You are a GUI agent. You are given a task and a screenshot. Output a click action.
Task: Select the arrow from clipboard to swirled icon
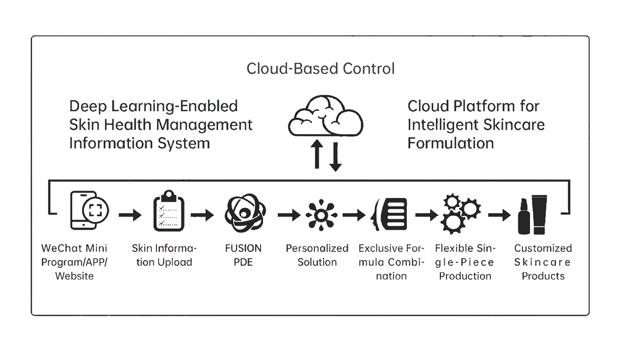point(205,215)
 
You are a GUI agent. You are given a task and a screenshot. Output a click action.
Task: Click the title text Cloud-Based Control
point(320,68)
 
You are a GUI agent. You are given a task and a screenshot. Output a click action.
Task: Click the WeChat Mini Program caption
point(74,262)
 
